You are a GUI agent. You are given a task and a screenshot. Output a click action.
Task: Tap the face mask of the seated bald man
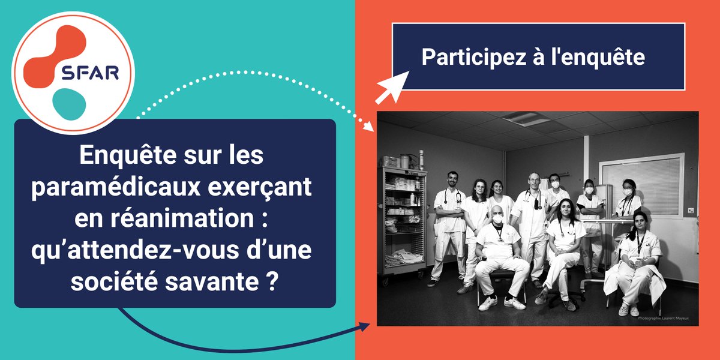pos(497,220)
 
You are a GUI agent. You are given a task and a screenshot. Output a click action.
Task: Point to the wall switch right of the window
pos(691,211)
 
